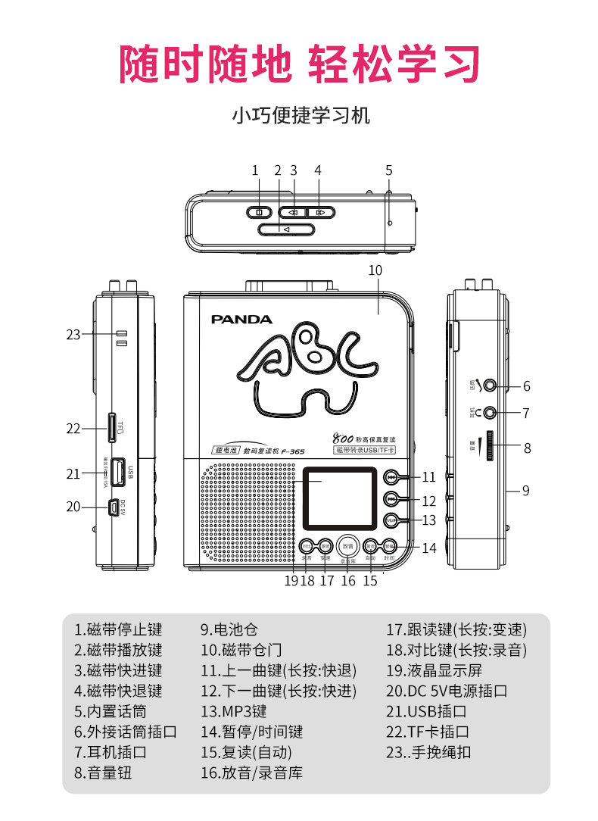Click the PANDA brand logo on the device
[x=241, y=320]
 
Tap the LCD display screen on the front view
[x=340, y=498]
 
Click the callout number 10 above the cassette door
[x=375, y=270]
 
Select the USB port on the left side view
[x=118, y=472]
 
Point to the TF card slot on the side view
[x=112, y=428]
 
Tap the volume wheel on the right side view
[x=493, y=448]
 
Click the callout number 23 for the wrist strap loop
[x=73, y=334]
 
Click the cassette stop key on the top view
[x=259, y=212]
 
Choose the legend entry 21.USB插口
[x=427, y=711]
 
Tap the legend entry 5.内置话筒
[x=111, y=711]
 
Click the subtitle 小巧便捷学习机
[x=300, y=116]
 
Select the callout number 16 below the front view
[x=348, y=581]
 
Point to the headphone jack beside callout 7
[x=491, y=413]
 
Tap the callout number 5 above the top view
[x=389, y=170]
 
